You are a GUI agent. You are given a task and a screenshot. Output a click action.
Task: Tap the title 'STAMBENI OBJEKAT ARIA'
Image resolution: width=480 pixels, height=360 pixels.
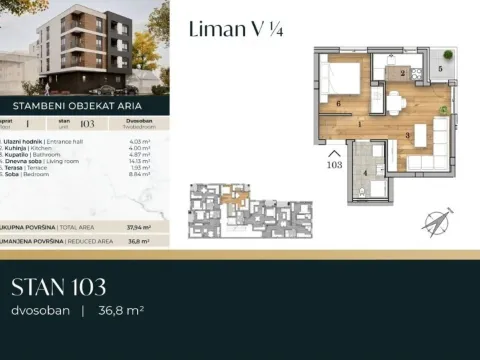[x=78, y=104]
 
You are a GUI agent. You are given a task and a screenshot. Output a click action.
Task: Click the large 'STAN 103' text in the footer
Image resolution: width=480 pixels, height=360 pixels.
[x=58, y=289]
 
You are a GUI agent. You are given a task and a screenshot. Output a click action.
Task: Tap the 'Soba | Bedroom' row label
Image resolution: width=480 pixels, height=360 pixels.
[x=30, y=173]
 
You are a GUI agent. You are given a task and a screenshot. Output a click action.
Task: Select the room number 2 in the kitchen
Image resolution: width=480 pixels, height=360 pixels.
[x=401, y=73]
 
